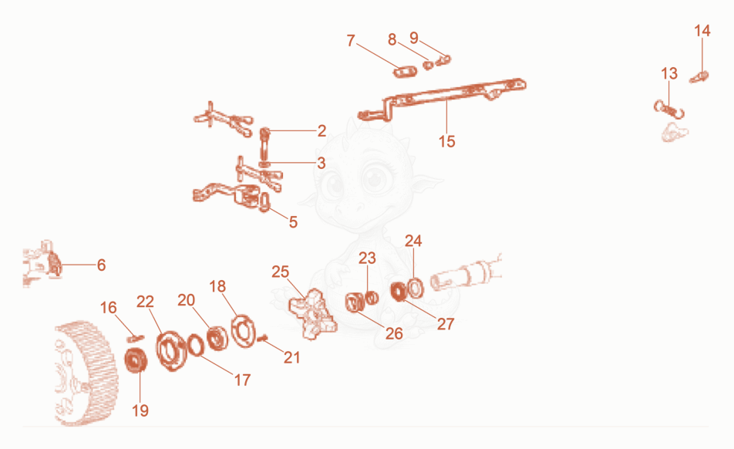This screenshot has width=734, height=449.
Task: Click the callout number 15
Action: (446, 141)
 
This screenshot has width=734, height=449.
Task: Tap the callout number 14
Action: (702, 31)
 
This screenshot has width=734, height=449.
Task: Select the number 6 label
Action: (101, 265)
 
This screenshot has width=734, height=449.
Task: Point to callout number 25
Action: (281, 272)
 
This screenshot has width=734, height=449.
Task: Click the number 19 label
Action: (140, 410)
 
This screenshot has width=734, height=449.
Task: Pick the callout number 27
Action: (446, 323)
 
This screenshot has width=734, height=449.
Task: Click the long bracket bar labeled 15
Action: (443, 100)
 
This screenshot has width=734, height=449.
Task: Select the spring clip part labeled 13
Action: (669, 110)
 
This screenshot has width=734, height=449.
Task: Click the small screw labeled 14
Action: (699, 77)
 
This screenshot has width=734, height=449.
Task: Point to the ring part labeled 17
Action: (196, 345)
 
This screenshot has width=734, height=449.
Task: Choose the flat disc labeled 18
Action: (244, 331)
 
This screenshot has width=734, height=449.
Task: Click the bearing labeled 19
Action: (136, 360)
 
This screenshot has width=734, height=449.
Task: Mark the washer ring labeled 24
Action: (415, 288)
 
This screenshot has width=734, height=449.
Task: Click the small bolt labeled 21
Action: (263, 338)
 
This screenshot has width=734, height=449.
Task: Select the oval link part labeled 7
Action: (405, 71)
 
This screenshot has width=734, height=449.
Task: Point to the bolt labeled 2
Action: (264, 145)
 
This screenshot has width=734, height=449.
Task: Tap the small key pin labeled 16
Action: (135, 338)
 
